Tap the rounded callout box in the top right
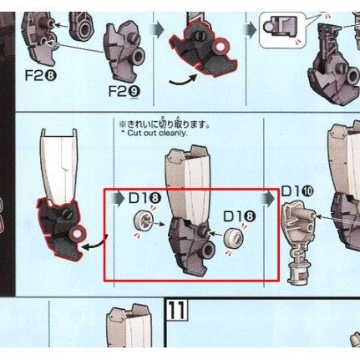(276, 30)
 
